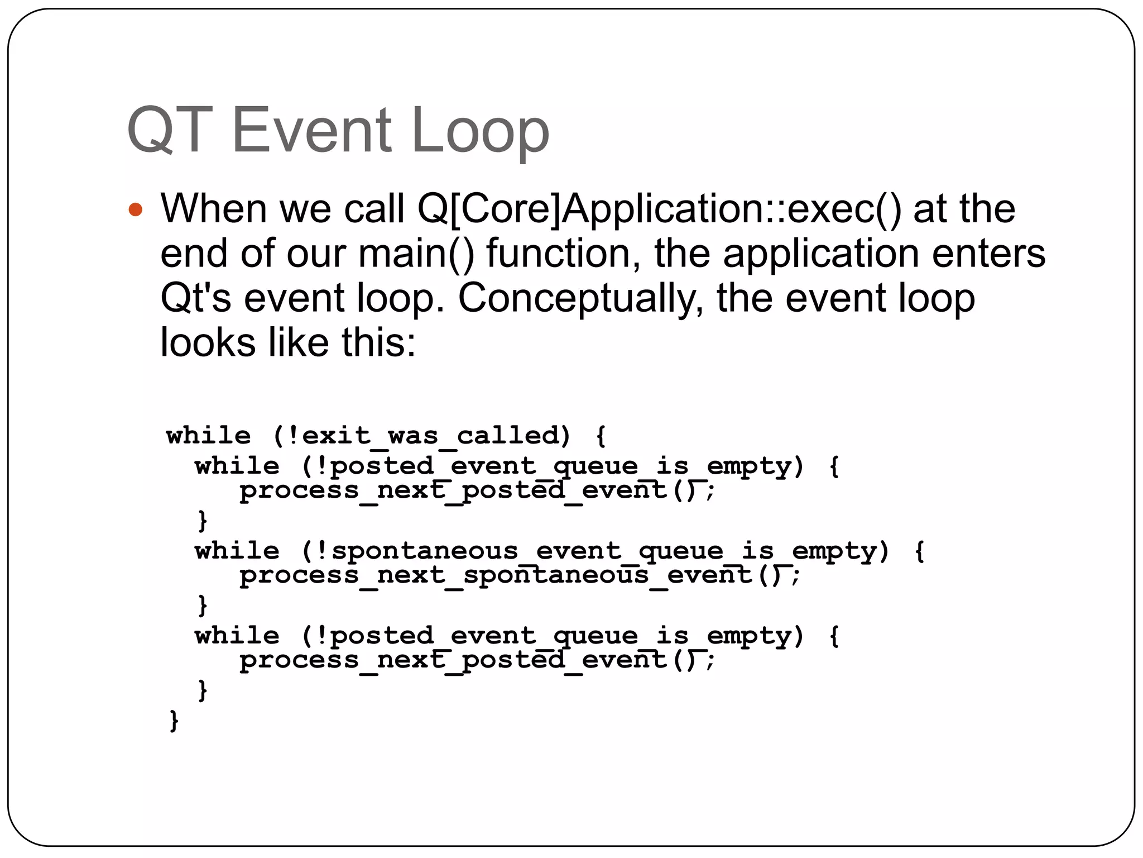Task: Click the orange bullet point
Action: click(x=136, y=210)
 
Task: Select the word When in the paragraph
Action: click(x=213, y=209)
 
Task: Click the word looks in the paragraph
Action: click(x=208, y=342)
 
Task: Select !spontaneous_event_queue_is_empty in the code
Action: click(x=595, y=551)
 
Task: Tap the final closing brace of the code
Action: click(x=174, y=721)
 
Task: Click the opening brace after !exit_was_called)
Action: click(x=601, y=436)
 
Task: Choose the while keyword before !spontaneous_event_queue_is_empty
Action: click(x=237, y=551)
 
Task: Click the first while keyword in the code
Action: click(x=209, y=436)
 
